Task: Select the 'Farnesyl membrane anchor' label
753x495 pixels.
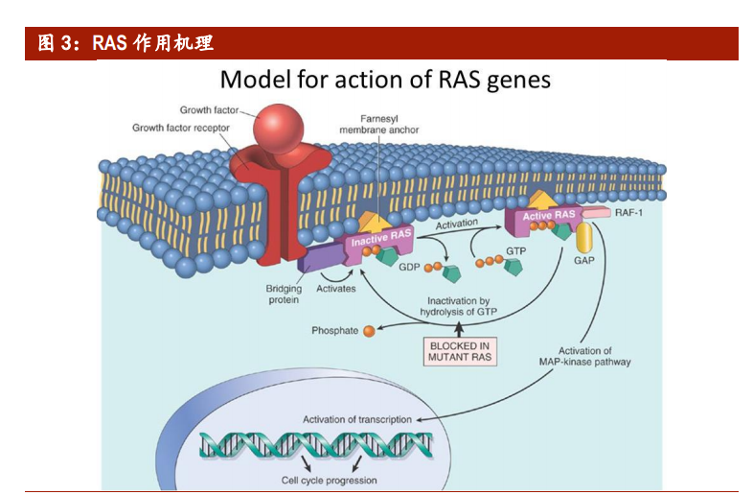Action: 379,124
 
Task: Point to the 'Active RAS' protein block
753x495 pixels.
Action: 549,216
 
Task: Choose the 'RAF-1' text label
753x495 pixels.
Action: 629,213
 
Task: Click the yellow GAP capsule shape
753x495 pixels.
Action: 582,238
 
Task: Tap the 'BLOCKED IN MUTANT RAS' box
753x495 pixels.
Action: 460,351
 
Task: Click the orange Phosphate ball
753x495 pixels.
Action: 368,331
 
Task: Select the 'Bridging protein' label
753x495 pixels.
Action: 284,295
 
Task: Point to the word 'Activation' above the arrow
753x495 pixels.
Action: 457,224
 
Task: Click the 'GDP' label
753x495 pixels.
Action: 410,267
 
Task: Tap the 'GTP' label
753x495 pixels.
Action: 516,251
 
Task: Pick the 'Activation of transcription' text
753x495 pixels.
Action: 357,419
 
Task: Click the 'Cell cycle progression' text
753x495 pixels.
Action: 329,480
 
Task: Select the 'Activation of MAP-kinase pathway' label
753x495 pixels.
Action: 584,357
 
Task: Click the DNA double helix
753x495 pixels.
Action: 316,445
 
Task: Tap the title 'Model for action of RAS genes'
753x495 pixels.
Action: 385,79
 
